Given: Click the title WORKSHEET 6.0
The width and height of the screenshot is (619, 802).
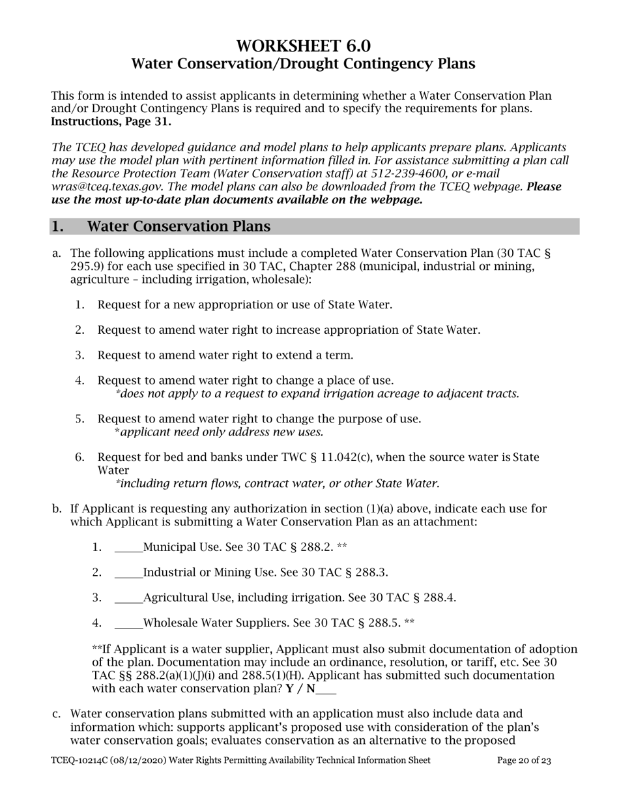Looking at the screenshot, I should [303, 46].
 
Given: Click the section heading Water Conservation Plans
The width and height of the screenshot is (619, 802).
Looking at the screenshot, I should [179, 226].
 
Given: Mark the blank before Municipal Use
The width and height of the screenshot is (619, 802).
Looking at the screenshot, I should [128, 547].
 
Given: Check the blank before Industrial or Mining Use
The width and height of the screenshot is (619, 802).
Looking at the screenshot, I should [128, 572].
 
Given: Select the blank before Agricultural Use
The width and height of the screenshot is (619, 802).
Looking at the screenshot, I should [128, 598].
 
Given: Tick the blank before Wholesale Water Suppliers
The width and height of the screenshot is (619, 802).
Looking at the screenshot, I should [128, 623].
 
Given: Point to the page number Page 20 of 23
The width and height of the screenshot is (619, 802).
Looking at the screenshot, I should [524, 760].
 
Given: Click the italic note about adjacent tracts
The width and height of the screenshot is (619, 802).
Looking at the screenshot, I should [317, 394].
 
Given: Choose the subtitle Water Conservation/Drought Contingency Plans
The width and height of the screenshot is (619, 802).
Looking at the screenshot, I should [303, 64].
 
